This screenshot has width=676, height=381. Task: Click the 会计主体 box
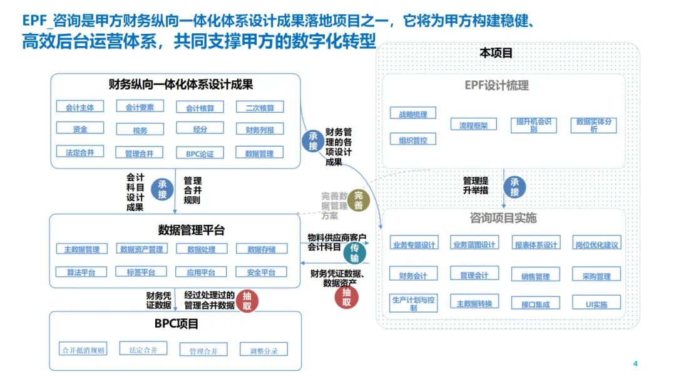coord(80,107)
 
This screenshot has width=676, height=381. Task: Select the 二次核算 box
coord(260,107)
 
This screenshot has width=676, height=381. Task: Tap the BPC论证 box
coord(200,153)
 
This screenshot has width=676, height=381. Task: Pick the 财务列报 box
coord(260,130)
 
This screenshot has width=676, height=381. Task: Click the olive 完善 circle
coord(358,200)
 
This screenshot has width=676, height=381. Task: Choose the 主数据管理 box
coord(82,249)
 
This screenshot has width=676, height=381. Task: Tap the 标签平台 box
coord(141,272)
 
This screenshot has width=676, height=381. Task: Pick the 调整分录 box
coord(264,350)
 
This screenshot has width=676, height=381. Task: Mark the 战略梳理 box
coord(413,114)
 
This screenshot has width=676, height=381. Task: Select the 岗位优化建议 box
coord(597,244)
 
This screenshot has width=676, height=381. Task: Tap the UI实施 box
coord(597,304)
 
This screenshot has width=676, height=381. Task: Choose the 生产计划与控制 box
coord(413,303)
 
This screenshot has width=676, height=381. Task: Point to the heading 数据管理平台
coord(192,230)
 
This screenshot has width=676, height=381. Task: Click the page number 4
coord(635,364)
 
